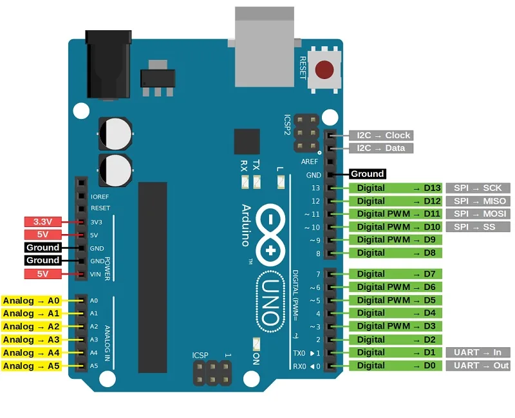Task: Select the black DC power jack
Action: click(108, 64)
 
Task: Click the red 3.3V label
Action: click(42, 222)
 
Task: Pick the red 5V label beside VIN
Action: click(42, 274)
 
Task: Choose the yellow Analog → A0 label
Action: click(31, 300)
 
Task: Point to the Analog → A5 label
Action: click(31, 366)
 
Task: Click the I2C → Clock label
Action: click(380, 136)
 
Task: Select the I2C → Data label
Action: click(380, 149)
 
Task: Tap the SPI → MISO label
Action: click(477, 201)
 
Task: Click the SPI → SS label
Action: click(477, 227)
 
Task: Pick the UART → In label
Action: click(477, 352)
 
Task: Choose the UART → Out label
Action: click(477, 365)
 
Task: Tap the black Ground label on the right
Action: click(367, 174)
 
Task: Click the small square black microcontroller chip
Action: click(247, 141)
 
